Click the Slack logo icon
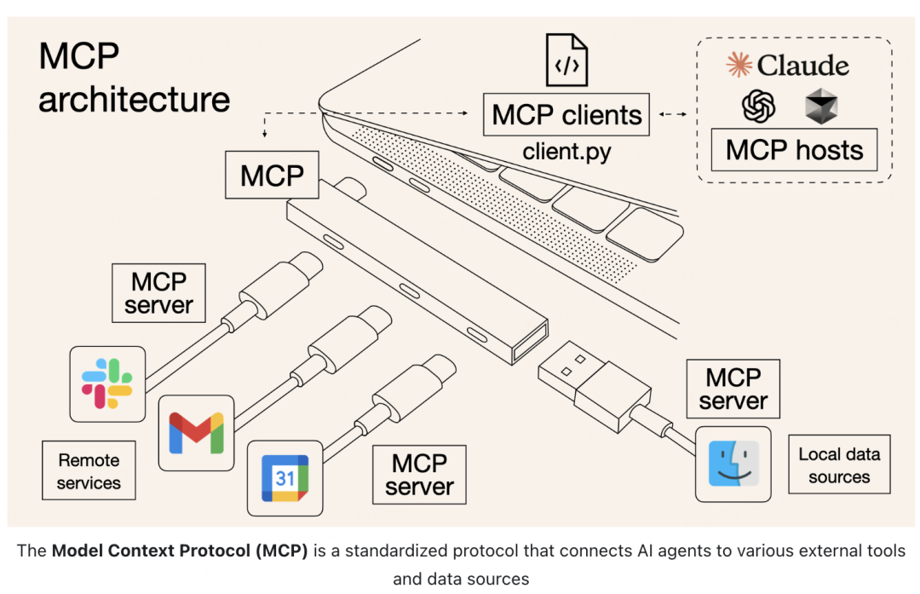click(107, 384)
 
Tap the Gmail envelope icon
click(197, 433)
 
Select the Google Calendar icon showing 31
click(285, 478)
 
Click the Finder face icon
click(733, 464)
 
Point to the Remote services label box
click(89, 471)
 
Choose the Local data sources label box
click(838, 465)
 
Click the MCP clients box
click(566, 114)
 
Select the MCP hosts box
click(794, 150)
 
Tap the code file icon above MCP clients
click(566, 60)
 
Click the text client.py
click(566, 153)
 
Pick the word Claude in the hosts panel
click(803, 66)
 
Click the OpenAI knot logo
click(759, 107)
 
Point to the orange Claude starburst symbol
click(738, 65)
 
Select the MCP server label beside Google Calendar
click(419, 475)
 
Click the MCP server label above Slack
click(158, 292)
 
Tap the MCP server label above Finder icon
click(733, 389)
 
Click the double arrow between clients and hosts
click(673, 113)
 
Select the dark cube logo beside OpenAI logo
click(821, 108)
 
